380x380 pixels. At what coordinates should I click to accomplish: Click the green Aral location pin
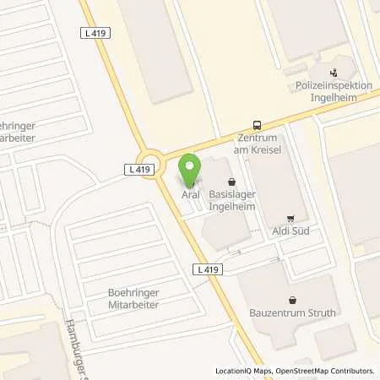[x=191, y=167]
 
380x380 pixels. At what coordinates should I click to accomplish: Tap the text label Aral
[x=191, y=194]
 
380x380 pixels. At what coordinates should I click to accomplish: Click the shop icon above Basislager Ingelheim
[x=231, y=181]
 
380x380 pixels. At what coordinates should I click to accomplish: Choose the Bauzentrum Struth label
[x=291, y=312]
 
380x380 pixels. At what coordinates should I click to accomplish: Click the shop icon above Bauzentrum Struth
[x=291, y=299]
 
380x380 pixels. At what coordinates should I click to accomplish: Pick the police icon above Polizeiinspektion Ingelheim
[x=334, y=72]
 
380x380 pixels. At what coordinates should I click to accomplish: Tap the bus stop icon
[x=257, y=124]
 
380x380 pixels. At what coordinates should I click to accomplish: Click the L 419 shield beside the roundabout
[x=142, y=170]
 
